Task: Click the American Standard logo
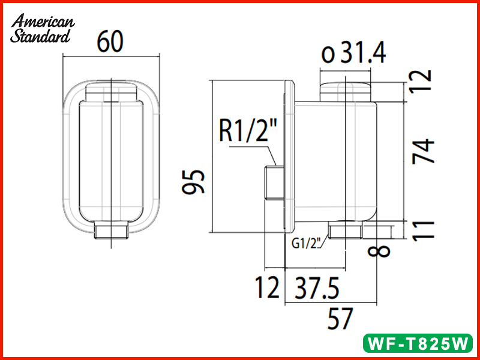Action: coord(43,28)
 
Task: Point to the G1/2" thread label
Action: coord(308,243)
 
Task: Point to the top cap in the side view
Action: coord(347,91)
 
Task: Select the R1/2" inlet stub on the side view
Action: coord(274,183)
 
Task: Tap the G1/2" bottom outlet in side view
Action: coord(346,230)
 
